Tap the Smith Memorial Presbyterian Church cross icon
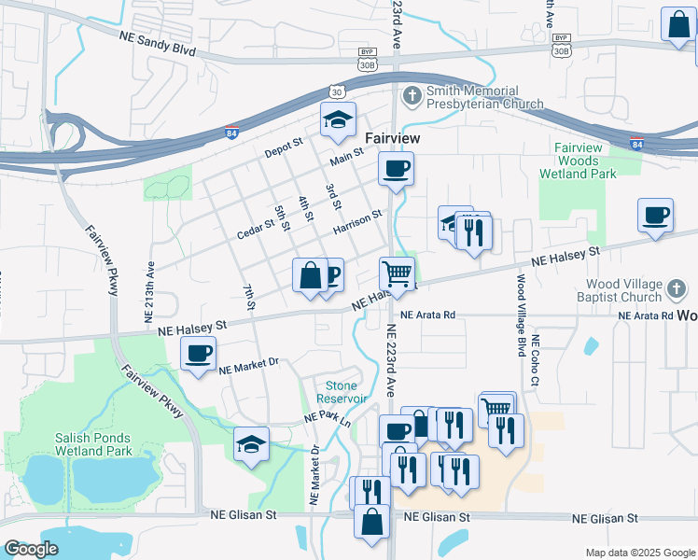(x=411, y=96)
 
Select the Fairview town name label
(x=391, y=137)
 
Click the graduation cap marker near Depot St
(x=338, y=119)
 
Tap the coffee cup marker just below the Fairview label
(x=396, y=169)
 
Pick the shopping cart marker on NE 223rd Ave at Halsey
(x=397, y=274)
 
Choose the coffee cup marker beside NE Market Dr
(x=198, y=354)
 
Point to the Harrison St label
(x=357, y=221)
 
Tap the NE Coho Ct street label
(x=536, y=362)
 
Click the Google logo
(x=32, y=549)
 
